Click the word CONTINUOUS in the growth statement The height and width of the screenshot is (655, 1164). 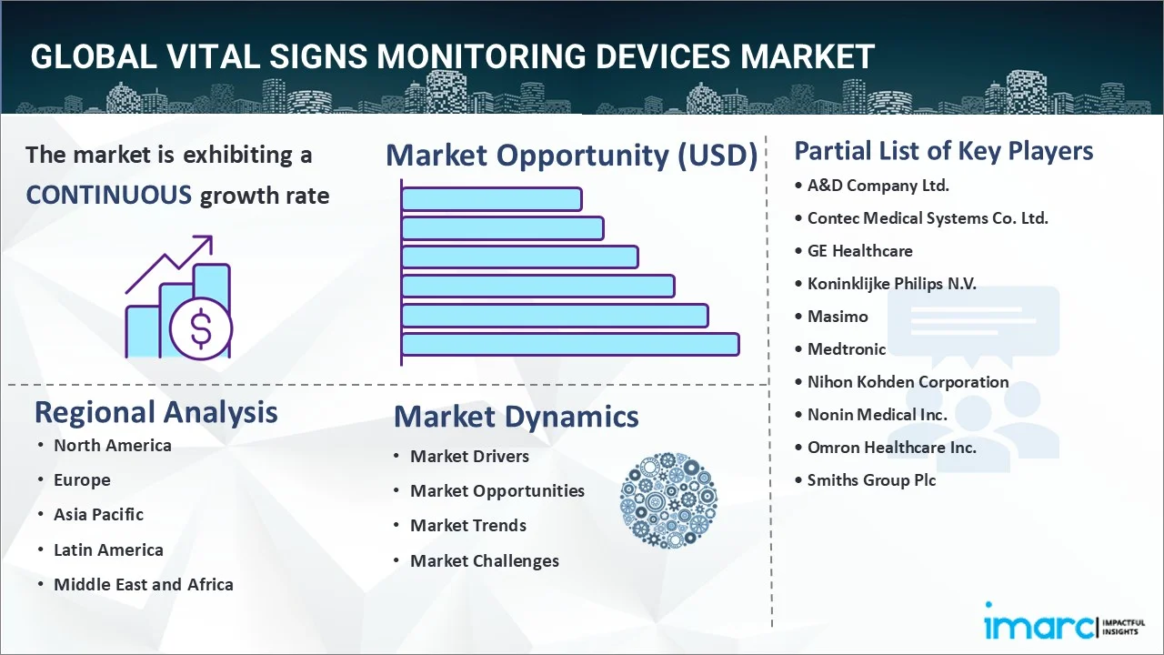pyautogui.click(x=108, y=195)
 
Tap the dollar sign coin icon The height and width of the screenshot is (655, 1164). pyautogui.click(x=201, y=330)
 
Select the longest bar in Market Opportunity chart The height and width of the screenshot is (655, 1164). pyautogui.click(x=570, y=344)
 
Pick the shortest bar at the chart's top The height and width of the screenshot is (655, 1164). pyautogui.click(x=491, y=198)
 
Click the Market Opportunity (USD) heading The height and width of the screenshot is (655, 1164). pyautogui.click(x=571, y=156)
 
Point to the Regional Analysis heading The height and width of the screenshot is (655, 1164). pyautogui.click(x=156, y=412)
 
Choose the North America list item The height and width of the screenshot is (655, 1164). pyautogui.click(x=112, y=445)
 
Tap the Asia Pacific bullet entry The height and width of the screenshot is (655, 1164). pyautogui.click(x=98, y=514)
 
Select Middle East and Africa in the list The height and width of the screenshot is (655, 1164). pyautogui.click(x=143, y=584)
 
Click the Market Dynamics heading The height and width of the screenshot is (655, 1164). pyautogui.click(x=516, y=417)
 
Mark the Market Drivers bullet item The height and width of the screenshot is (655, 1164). pyautogui.click(x=469, y=456)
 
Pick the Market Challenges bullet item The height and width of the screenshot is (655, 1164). pyautogui.click(x=484, y=560)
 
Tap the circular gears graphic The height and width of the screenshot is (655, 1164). pyautogui.click(x=668, y=500)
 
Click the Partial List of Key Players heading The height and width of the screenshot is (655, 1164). pyautogui.click(x=943, y=150)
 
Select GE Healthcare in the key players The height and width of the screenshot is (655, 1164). pyautogui.click(x=859, y=250)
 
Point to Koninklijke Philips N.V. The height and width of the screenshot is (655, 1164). pyautogui.click(x=891, y=283)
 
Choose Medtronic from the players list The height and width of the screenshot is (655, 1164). pyautogui.click(x=846, y=348)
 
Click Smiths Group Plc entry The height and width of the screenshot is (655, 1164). pyautogui.click(x=871, y=479)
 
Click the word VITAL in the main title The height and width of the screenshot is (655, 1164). pyautogui.click(x=196, y=56)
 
